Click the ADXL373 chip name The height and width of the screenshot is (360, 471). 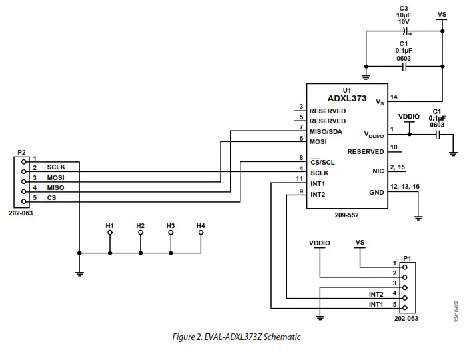[346, 99]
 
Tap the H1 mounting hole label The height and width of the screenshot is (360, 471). [110, 226]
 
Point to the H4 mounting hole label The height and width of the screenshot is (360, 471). [201, 226]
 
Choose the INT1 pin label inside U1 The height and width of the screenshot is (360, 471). [318, 183]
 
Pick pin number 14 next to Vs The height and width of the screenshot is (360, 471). [394, 97]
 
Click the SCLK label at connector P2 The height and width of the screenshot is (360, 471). [57, 167]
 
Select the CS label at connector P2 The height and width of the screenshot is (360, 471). [51, 197]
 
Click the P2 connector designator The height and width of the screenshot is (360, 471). [21, 152]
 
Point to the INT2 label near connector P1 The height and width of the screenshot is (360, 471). [376, 294]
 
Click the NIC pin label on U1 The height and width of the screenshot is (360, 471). [378, 171]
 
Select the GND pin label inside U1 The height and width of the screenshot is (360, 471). [377, 193]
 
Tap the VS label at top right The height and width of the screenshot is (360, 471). [441, 13]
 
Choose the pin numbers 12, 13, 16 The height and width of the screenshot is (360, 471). [404, 185]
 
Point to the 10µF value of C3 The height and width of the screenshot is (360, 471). [403, 14]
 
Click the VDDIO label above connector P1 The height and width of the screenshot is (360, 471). [320, 243]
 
